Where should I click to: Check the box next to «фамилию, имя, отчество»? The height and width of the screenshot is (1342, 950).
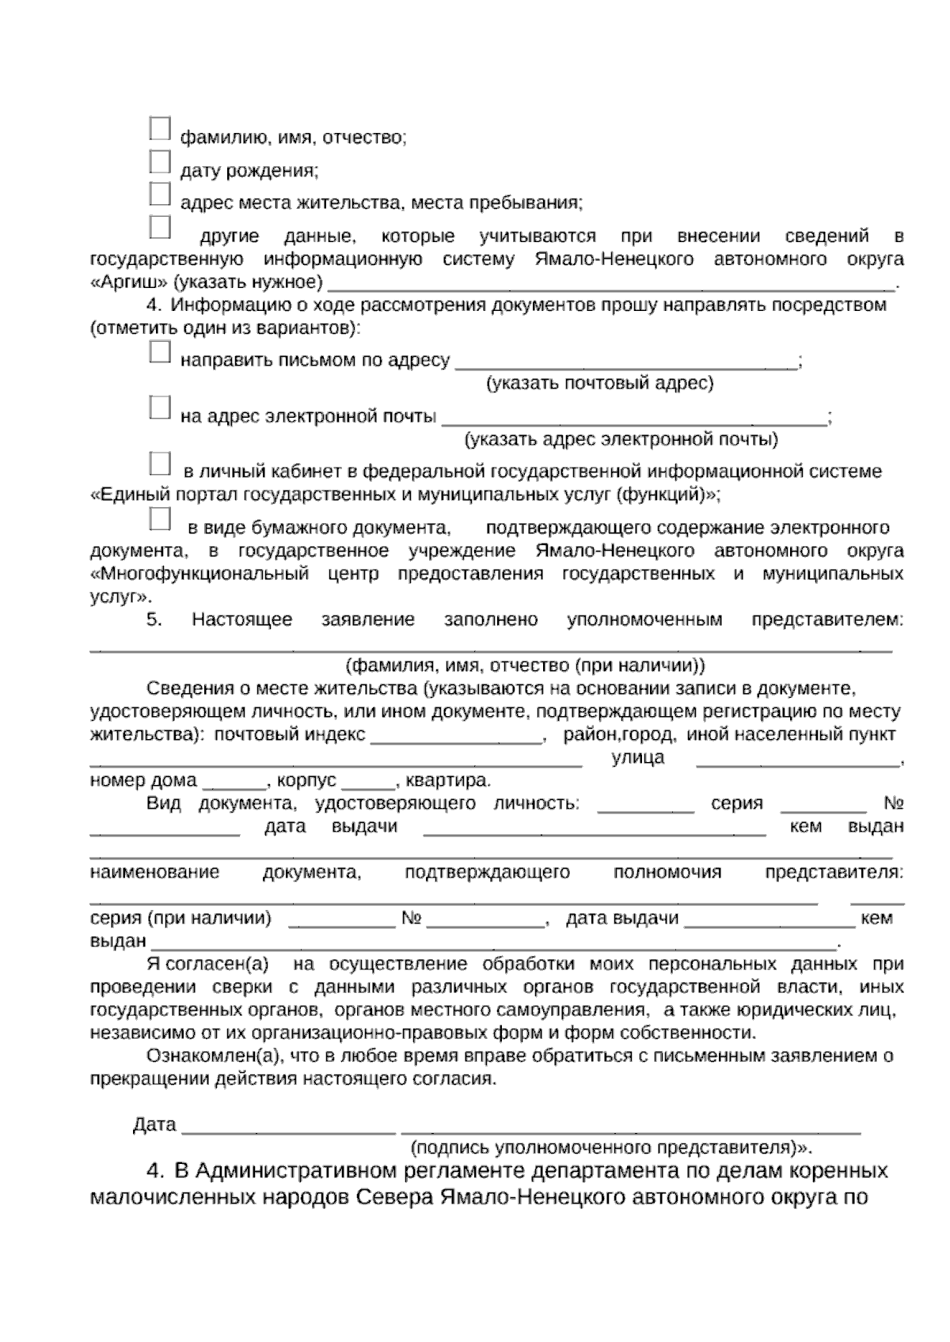[x=160, y=129]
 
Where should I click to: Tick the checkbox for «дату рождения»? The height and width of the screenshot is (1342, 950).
[x=160, y=161]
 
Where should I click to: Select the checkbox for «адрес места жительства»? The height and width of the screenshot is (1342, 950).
[x=160, y=194]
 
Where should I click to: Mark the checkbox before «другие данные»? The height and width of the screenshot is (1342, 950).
[x=160, y=227]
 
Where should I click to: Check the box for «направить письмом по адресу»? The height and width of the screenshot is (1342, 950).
[x=160, y=352]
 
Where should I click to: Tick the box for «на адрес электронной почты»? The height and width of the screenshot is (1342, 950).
[x=160, y=408]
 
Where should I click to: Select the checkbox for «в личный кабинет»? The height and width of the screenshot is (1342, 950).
[x=160, y=463]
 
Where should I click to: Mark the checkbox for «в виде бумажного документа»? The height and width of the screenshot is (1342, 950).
[x=160, y=519]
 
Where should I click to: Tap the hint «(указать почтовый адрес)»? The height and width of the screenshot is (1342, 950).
[x=599, y=384]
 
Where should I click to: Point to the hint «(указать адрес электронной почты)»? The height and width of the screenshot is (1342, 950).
[x=621, y=439]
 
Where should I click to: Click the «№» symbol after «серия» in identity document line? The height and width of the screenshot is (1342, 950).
[x=894, y=804]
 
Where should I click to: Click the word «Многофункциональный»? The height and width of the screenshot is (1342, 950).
[x=199, y=574]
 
